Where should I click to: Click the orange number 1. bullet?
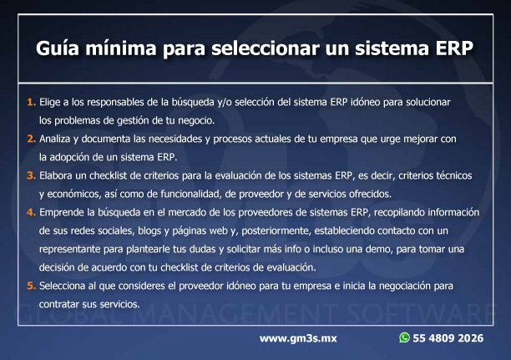click(31, 102)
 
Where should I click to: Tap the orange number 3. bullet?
click(31, 175)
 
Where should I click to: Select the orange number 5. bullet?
click(31, 286)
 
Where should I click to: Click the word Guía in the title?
click(58, 48)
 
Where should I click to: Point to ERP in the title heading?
click(454, 48)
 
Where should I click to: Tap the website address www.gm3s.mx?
click(298, 338)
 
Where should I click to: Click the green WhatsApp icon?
click(404, 337)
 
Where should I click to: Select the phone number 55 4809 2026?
click(448, 338)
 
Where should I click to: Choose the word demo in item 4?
click(379, 249)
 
